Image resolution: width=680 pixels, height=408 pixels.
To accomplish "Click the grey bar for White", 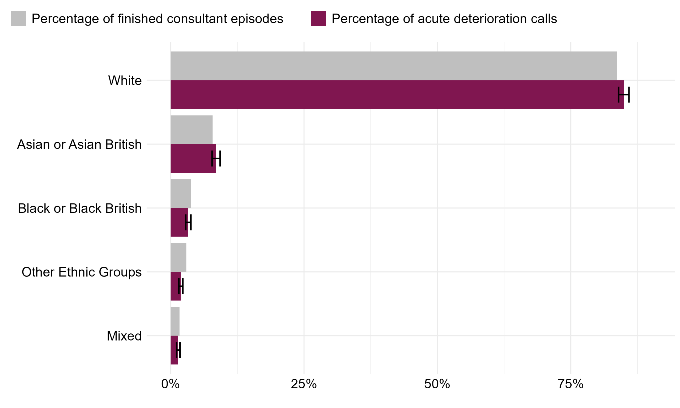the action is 394,66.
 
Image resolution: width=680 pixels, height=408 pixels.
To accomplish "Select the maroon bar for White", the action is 397,95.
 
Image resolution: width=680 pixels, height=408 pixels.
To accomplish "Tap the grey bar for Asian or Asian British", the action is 192,130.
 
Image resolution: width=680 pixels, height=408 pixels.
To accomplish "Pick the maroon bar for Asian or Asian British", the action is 193,159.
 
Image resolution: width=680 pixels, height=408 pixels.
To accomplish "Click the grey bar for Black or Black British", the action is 181,194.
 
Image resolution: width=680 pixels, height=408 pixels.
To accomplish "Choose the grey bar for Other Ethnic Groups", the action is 178,258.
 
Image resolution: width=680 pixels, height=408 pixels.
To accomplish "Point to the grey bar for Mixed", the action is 175,321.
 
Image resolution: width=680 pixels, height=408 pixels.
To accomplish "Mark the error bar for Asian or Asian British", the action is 216,159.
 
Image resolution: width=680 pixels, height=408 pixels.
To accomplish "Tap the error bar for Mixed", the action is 178,350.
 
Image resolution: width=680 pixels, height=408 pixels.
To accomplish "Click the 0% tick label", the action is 171,384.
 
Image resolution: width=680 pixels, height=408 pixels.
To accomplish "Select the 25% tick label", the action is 304,384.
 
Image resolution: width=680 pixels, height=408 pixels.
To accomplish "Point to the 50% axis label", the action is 437,384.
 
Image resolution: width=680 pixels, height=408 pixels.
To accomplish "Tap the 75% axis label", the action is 571,384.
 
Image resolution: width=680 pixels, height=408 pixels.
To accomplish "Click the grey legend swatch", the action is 18,18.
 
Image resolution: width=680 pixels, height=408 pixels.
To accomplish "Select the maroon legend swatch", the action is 318,18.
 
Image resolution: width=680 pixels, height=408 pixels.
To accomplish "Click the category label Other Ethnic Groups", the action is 82,272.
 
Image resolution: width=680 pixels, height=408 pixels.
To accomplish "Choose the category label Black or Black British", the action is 80,209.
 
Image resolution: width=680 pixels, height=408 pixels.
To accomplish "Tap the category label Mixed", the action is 124,336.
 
